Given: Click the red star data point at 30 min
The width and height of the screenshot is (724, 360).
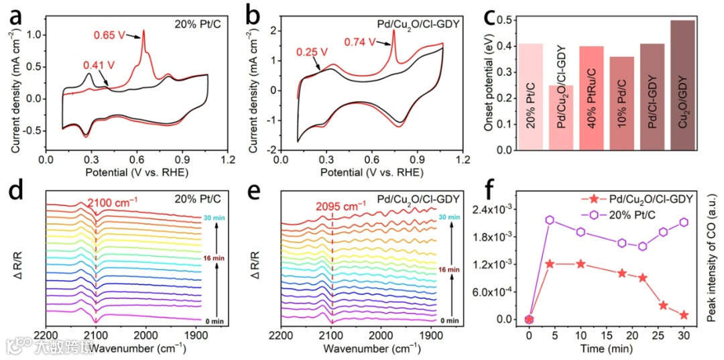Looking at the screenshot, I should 684,315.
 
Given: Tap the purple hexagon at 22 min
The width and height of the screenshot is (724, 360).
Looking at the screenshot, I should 643,246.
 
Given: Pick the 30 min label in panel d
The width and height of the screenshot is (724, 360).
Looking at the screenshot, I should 210,218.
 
